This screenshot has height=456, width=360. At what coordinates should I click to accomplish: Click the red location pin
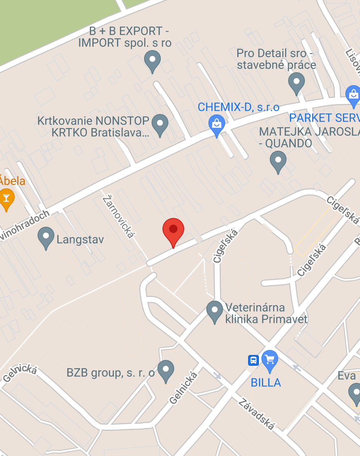point(173,231)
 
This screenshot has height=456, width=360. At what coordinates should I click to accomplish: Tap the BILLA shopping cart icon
point(270,360)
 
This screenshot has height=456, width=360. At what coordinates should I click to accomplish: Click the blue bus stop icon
point(253,360)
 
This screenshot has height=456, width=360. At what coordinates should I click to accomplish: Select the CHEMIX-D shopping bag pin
point(216,125)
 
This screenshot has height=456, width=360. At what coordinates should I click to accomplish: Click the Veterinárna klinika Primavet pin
point(215,311)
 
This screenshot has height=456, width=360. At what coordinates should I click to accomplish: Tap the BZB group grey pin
point(166,370)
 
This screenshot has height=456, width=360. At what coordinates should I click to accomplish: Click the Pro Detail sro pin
point(297,82)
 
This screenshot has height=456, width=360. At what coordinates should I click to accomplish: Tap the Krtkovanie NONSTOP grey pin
point(160,124)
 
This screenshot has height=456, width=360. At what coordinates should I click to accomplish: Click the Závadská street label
point(257,414)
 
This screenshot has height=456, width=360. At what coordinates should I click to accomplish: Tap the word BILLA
point(266,383)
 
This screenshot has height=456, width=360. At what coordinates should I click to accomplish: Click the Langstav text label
point(80,240)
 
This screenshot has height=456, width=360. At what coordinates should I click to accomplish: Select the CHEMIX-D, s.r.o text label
point(238,107)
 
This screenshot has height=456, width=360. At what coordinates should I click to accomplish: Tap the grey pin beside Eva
point(355,393)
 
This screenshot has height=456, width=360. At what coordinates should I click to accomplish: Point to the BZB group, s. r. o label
point(111,373)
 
